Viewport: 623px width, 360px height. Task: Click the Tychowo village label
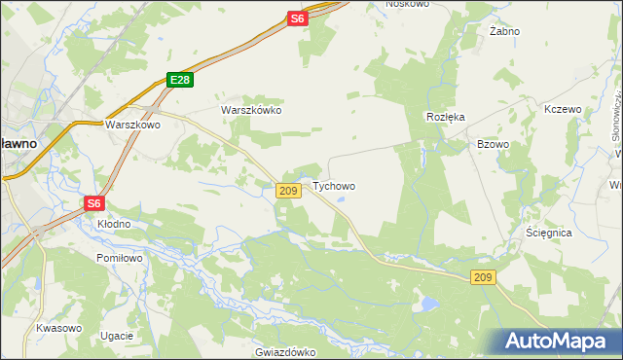tap(333, 186)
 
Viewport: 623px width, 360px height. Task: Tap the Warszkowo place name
tap(132, 126)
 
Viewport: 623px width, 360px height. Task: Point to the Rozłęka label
tap(446, 116)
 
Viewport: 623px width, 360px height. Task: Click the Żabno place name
tap(504, 31)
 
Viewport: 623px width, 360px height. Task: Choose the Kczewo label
tap(563, 109)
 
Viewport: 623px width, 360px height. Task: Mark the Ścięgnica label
tap(548, 234)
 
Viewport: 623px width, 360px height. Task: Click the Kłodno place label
tap(113, 224)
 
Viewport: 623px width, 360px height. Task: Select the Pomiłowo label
tap(120, 258)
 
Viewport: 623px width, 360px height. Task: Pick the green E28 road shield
tap(178, 81)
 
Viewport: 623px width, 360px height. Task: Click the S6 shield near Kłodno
tap(93, 203)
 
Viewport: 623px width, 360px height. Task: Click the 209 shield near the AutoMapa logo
tap(484, 278)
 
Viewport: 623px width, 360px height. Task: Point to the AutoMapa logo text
tap(561, 342)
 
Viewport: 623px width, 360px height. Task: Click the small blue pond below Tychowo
tap(342, 203)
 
